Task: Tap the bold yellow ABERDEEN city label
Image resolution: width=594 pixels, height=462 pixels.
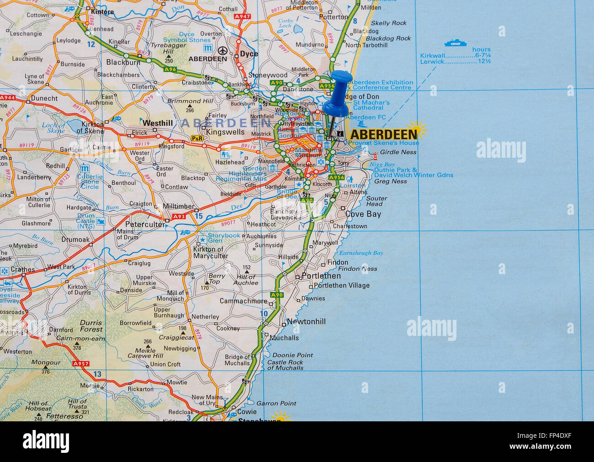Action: click(x=384, y=134)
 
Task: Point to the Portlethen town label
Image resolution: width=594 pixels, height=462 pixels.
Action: click(x=321, y=276)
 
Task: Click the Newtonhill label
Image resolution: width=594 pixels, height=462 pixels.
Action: click(x=306, y=322)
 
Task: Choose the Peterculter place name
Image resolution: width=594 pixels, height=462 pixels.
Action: click(x=145, y=224)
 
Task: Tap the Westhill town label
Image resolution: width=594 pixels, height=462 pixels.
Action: click(x=158, y=123)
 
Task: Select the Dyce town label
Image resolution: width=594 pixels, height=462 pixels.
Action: click(x=249, y=54)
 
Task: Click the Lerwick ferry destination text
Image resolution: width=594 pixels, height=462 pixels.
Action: click(x=432, y=61)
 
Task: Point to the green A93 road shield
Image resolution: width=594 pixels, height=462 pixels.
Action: click(x=179, y=216)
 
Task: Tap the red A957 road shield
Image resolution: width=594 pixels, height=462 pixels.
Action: click(x=80, y=364)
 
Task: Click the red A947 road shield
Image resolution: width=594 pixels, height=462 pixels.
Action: click(x=242, y=16)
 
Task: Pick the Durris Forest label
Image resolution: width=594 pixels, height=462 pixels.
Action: click(x=91, y=326)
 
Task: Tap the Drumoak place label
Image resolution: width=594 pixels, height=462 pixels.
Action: click(x=76, y=239)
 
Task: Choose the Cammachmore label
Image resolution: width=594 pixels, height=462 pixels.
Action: click(x=244, y=301)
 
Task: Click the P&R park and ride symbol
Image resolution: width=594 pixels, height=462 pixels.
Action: click(x=197, y=138)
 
